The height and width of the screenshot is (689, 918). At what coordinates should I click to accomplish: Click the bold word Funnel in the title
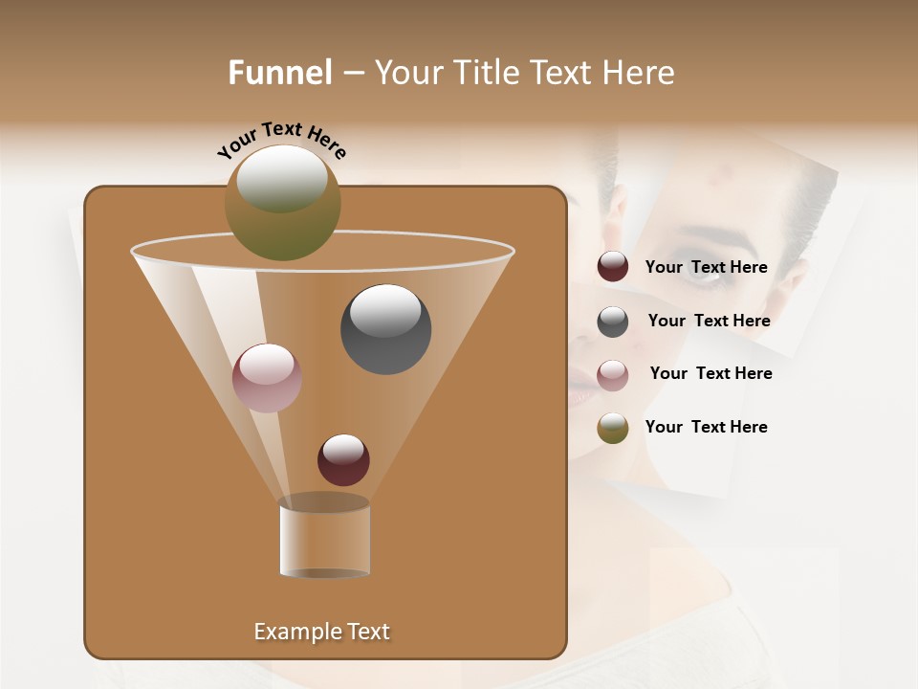coord(279,73)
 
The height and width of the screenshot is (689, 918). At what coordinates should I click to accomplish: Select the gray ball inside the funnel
coord(386,329)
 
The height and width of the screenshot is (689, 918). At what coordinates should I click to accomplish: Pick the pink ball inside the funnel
coord(267,378)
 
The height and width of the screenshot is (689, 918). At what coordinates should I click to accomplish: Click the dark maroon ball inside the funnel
coord(343,459)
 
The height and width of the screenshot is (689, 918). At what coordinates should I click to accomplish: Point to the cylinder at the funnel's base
coord(325,539)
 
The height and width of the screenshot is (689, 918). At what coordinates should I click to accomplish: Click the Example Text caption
coord(321,632)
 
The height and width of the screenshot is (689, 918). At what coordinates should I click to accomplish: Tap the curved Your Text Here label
coord(281,140)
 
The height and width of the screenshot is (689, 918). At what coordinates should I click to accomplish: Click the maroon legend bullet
coord(613,267)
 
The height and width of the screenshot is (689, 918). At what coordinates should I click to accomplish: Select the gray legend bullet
coord(613,322)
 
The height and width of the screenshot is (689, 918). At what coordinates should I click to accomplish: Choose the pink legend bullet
coord(613,375)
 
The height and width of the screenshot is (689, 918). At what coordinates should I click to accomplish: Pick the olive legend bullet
coord(613,428)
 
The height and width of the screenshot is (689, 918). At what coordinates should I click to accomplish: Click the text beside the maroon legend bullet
coord(706,268)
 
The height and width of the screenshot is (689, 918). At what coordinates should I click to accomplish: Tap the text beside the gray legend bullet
coord(709,322)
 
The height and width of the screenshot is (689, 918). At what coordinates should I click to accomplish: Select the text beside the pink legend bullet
coord(710,374)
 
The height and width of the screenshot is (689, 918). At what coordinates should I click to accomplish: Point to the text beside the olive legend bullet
coord(706,428)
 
